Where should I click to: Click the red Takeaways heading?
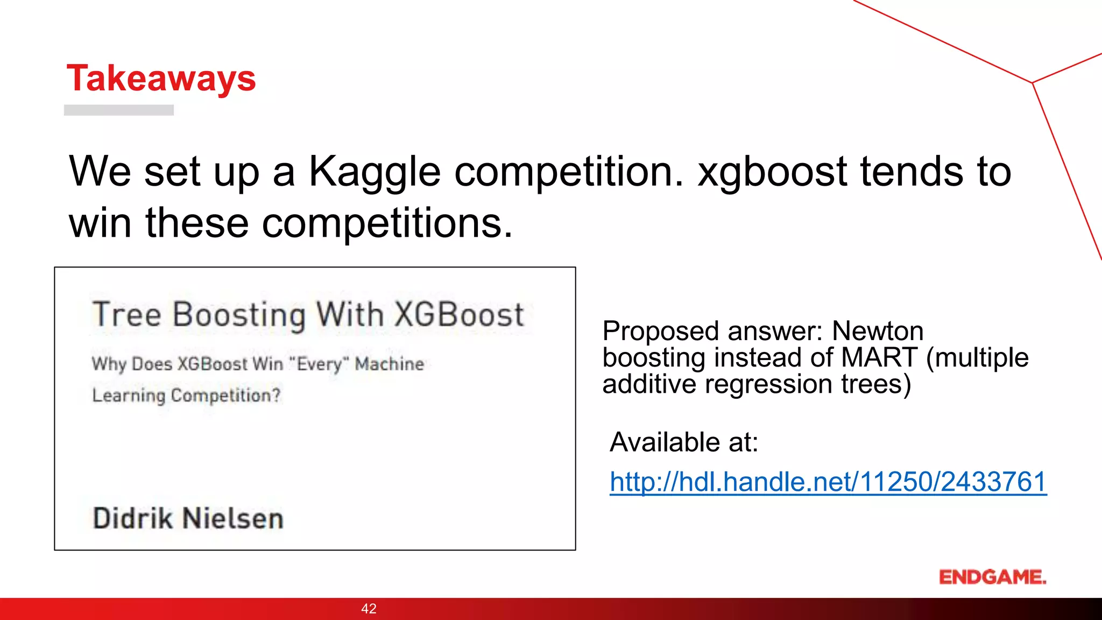tap(161, 79)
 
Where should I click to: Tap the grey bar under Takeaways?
tap(119, 110)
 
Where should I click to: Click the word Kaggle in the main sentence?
tap(375, 172)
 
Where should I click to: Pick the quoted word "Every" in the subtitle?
tap(319, 364)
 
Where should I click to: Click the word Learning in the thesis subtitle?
tap(129, 396)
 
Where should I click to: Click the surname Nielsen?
tap(232, 518)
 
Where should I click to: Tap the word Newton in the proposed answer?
tap(878, 331)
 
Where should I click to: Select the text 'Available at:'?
tap(684, 442)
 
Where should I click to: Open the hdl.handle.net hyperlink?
tap(828, 482)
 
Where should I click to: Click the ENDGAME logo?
tap(992, 577)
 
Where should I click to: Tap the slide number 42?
tap(369, 609)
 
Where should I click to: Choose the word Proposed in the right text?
tap(660, 331)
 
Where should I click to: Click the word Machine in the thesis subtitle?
tap(390, 364)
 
